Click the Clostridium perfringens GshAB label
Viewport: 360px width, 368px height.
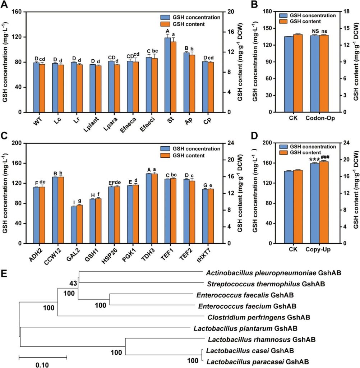259,318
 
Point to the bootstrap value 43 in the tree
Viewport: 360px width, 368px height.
73,284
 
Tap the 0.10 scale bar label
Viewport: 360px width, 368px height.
42,364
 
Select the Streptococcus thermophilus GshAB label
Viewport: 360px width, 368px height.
266,284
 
